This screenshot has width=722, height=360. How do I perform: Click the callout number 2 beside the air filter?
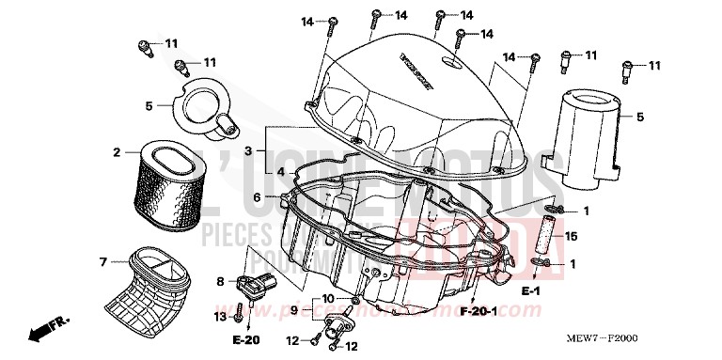coord(118,152)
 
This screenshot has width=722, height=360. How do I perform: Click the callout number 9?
coord(294,309)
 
